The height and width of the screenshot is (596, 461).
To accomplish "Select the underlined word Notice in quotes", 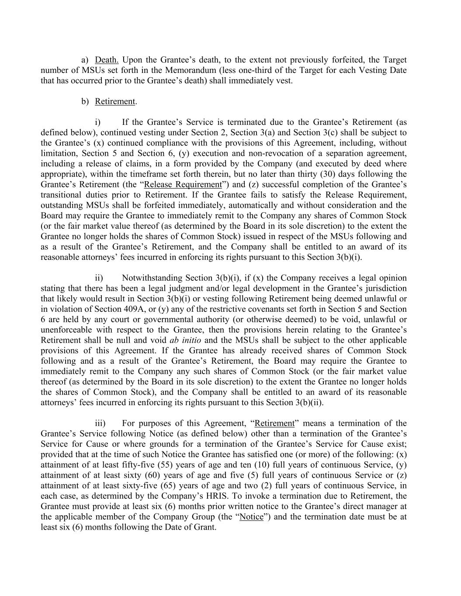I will coord(252,517).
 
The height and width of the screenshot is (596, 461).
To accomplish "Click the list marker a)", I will coord(85,60).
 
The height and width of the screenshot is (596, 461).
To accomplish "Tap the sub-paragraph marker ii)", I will coord(99,278).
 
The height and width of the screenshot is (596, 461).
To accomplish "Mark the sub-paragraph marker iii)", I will coord(100,423).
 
